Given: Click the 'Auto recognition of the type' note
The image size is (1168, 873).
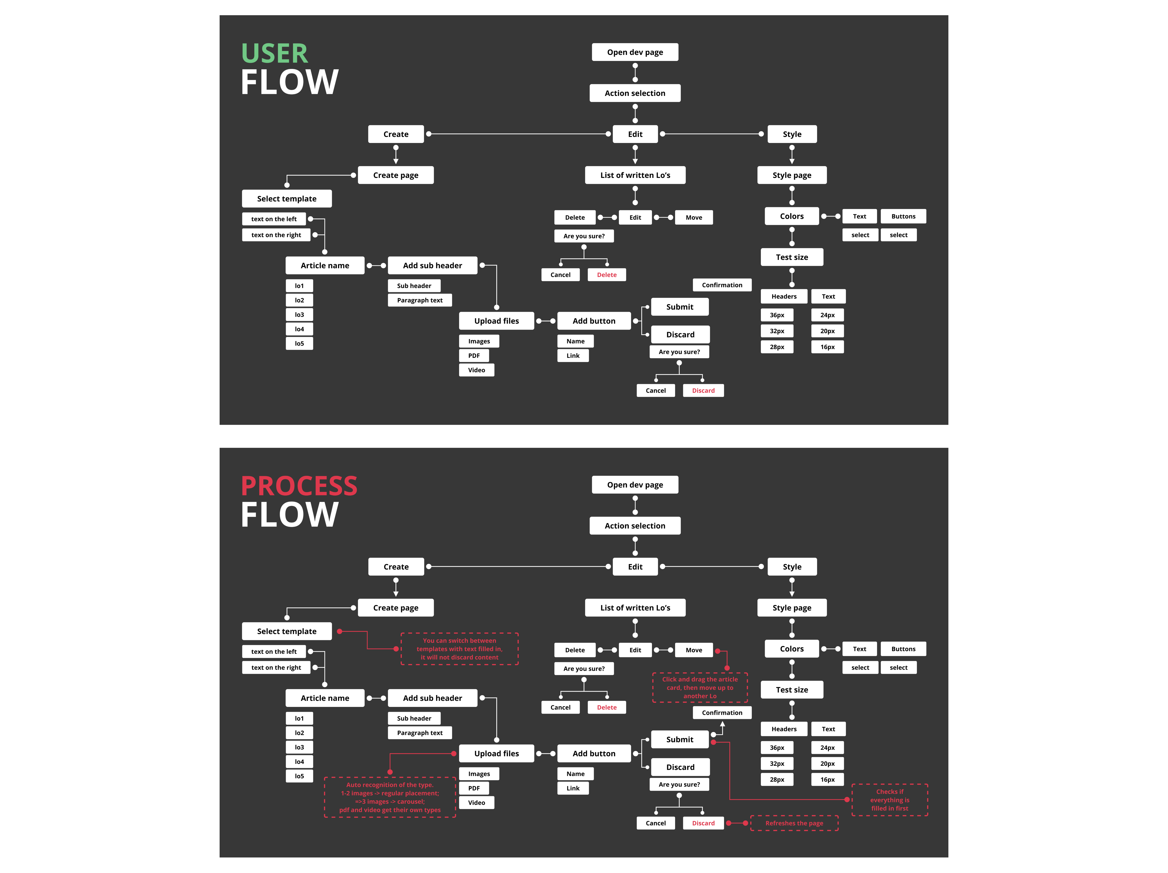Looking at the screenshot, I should [390, 797].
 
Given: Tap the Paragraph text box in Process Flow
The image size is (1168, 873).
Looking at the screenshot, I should [420, 732].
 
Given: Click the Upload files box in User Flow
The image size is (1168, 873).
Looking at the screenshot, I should [496, 321].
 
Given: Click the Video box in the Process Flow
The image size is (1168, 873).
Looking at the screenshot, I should [476, 802].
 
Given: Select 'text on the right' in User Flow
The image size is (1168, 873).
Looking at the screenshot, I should [276, 235].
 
